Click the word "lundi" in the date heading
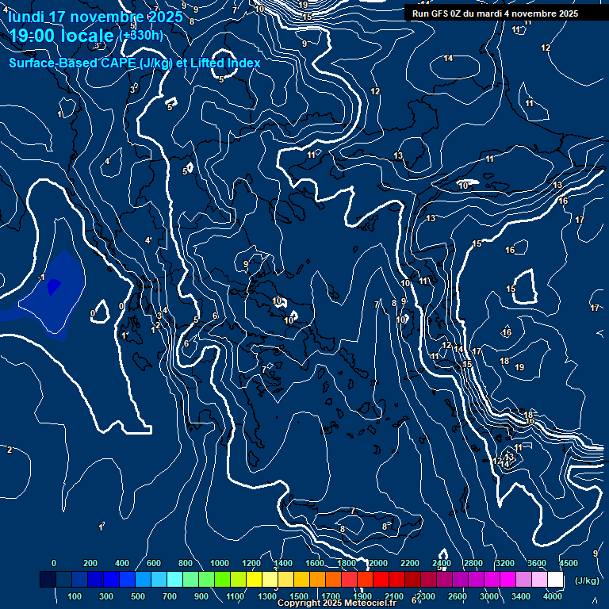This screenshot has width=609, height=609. pyautogui.click(x=25, y=17)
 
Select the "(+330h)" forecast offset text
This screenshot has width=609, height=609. pyautogui.click(x=140, y=35)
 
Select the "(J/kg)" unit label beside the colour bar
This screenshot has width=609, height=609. pyautogui.click(x=587, y=580)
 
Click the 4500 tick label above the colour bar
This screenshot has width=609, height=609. pyautogui.click(x=569, y=563)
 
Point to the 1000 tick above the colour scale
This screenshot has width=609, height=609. pyautogui.click(x=220, y=563)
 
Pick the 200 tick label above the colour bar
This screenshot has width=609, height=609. pyautogui.click(x=90, y=563)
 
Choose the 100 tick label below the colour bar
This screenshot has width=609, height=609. pyautogui.click(x=75, y=596)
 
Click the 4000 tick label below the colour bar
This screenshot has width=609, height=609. pyautogui.click(x=553, y=596)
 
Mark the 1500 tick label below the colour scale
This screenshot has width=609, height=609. pyautogui.click(x=299, y=596)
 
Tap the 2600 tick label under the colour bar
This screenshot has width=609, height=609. pyautogui.click(x=458, y=596)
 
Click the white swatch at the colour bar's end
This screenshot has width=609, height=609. pyautogui.click(x=555, y=580)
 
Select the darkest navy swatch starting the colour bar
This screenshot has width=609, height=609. pyautogui.click(x=48, y=580)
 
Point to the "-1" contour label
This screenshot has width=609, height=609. pyautogui.click(x=40, y=277)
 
